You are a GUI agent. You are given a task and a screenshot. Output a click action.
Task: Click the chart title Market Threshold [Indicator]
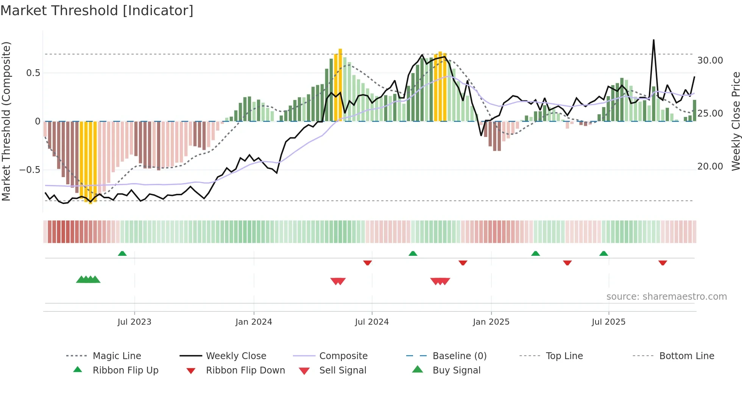point(97,11)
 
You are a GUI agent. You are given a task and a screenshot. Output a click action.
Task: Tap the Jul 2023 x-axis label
point(134,322)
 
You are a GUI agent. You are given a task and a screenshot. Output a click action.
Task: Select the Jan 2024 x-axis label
point(254,322)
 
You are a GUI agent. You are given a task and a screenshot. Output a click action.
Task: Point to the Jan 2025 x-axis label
point(491,322)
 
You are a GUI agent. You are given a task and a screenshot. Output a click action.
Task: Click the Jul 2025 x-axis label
point(608,322)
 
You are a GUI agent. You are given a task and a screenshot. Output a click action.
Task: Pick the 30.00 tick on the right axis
point(710,61)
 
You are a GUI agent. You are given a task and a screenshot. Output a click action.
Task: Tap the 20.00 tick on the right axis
point(710,166)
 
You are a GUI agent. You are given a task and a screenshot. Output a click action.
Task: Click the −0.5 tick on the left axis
point(30,170)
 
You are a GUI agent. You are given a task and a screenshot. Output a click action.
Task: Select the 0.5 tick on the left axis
point(33,73)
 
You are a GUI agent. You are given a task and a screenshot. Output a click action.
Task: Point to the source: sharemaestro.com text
point(666,297)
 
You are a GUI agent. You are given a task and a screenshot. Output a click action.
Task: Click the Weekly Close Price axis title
point(736,121)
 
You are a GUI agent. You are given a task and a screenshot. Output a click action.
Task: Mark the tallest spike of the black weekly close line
point(653,40)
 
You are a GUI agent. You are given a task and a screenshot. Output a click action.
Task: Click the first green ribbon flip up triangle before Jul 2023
point(122,254)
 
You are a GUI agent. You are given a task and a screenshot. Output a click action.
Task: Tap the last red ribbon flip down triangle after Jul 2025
point(662,263)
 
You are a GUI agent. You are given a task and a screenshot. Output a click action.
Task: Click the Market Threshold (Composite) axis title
point(6,121)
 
